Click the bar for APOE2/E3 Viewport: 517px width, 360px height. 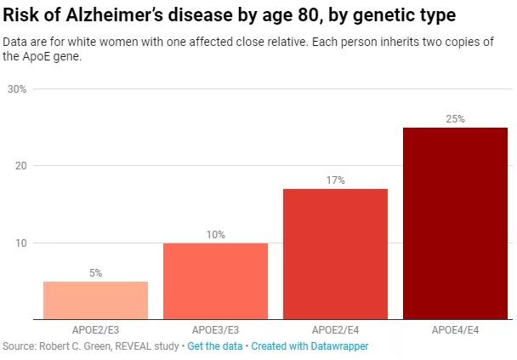(x=95, y=300)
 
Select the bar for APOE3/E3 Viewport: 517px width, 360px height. (x=215, y=281)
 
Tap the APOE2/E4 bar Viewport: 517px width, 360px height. (x=335, y=254)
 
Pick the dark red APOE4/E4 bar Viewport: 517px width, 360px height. (x=455, y=223)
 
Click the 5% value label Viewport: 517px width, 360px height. (x=95, y=273)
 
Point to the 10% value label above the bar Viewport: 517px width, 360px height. (x=215, y=235)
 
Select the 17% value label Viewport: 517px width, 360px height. (x=335, y=180)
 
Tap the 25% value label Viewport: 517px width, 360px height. (x=455, y=119)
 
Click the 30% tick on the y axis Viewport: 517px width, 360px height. (x=17, y=89)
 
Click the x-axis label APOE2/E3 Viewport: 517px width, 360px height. (x=95, y=329)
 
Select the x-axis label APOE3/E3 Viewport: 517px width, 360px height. (x=215, y=329)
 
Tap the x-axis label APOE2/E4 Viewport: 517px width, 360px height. (x=335, y=329)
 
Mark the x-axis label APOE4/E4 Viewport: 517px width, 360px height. (x=455, y=329)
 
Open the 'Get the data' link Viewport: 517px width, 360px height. (x=215, y=346)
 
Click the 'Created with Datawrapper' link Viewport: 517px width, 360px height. (x=310, y=346)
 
